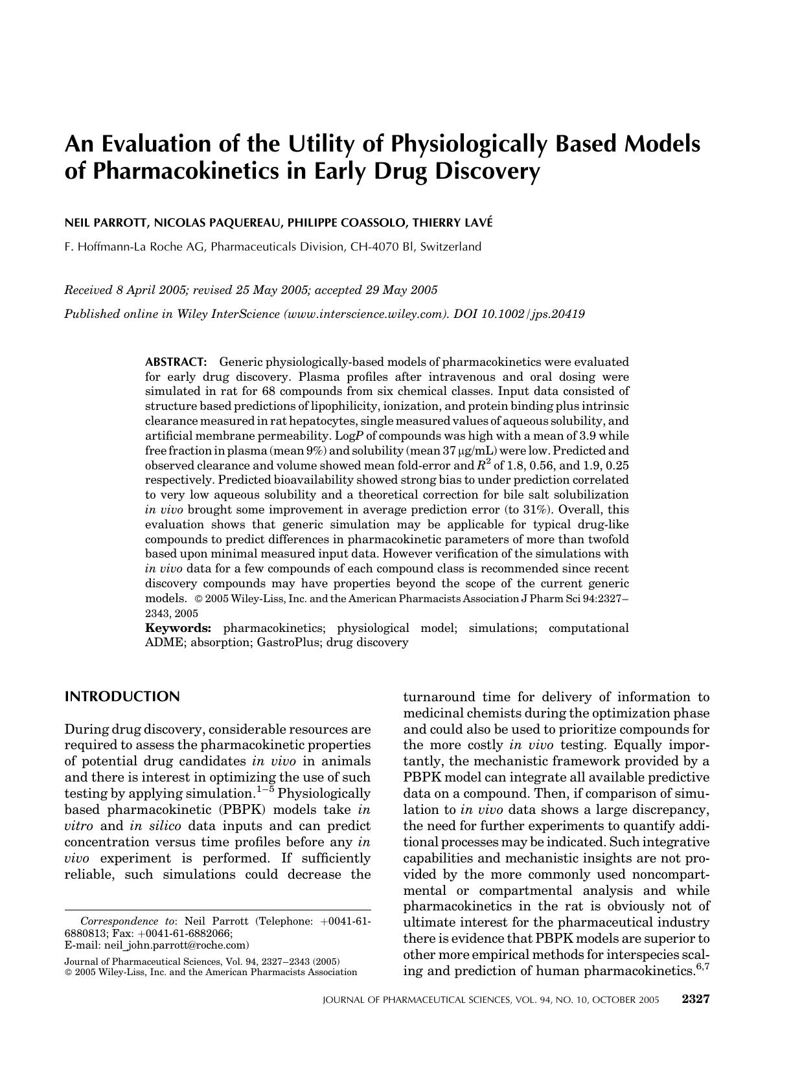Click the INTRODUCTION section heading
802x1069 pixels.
122,697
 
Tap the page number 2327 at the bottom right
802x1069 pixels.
696,999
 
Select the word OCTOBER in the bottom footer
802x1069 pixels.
616,1000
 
